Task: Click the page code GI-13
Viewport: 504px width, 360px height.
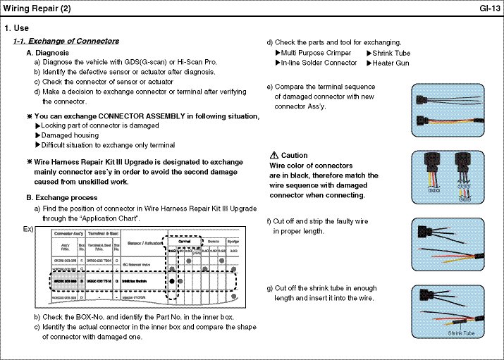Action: [489, 8]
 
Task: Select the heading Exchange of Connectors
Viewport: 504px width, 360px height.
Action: [71, 42]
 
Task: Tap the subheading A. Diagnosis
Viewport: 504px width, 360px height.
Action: [47, 53]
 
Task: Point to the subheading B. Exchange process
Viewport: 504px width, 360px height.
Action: [62, 198]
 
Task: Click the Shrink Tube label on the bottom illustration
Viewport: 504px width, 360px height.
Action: [462, 333]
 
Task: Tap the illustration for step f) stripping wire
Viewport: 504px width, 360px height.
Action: [451, 241]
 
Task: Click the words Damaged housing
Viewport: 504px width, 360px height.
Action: [70, 135]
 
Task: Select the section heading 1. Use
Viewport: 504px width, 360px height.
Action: [16, 28]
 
